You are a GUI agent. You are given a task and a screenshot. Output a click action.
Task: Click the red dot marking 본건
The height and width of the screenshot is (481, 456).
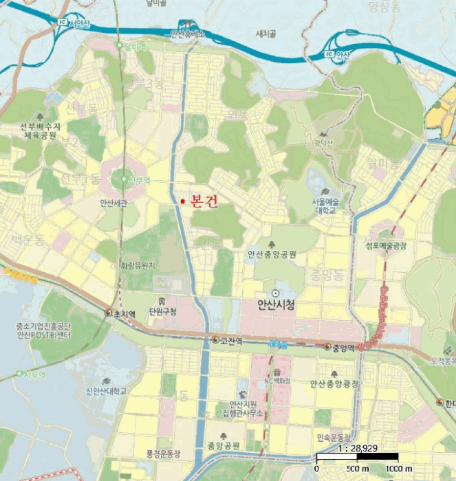pos(182,201)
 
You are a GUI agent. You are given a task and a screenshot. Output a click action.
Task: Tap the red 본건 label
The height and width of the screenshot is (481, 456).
pos(204,201)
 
